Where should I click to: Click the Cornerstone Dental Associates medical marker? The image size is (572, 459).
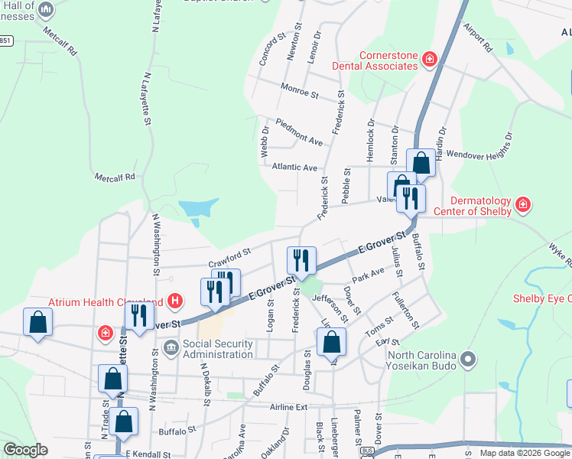430,58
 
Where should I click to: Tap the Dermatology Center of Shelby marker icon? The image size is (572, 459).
523,204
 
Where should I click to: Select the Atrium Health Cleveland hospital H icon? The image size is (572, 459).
176,301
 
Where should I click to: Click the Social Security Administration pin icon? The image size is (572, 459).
171,343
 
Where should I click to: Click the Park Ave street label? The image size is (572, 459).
369,273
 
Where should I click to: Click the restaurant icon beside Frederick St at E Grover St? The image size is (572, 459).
301,260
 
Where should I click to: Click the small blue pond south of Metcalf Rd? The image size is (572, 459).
198,208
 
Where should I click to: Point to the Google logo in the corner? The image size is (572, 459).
25,450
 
